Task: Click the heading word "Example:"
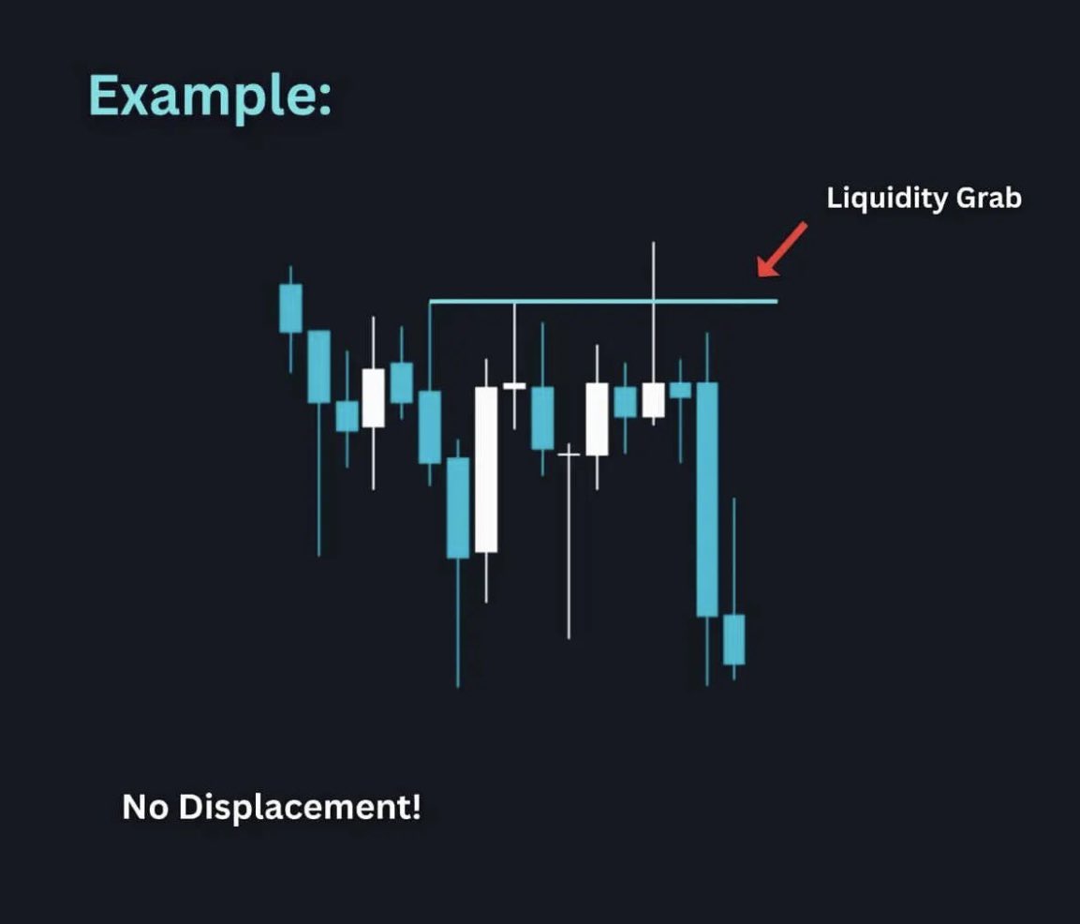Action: click(211, 97)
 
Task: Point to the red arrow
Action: click(781, 250)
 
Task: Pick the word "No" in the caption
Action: click(145, 807)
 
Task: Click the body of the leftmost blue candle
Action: click(290, 307)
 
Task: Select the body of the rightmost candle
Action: click(733, 640)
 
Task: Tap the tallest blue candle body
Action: click(707, 499)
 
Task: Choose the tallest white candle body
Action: click(485, 469)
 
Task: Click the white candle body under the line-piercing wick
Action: click(653, 399)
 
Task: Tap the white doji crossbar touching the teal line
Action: click(514, 385)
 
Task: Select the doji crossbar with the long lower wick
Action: click(569, 455)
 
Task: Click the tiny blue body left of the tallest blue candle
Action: click(680, 390)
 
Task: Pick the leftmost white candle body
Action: click(373, 397)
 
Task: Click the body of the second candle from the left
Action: click(318, 366)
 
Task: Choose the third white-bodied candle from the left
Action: click(597, 419)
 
